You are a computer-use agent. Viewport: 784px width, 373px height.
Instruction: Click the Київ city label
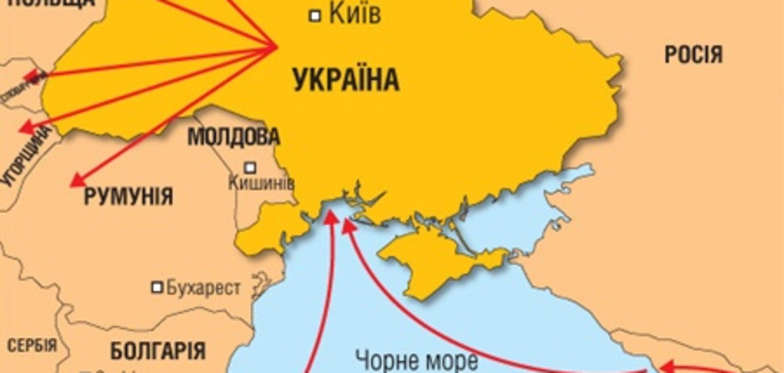click(355, 15)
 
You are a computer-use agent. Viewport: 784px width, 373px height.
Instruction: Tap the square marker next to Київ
click(315, 16)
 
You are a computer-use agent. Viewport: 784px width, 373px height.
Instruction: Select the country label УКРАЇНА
click(346, 80)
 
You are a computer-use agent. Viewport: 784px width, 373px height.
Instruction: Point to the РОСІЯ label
click(693, 54)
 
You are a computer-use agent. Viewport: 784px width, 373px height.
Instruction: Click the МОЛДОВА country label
click(234, 137)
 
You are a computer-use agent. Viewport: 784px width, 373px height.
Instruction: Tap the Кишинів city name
click(261, 184)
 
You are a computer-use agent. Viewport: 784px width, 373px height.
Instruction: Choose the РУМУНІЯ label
click(128, 197)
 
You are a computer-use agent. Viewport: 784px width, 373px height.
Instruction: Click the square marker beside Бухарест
click(157, 288)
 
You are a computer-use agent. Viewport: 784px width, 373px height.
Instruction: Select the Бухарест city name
click(203, 288)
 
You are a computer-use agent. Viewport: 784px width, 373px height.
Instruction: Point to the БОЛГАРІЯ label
click(158, 350)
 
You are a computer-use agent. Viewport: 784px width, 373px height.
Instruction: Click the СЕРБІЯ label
click(32, 346)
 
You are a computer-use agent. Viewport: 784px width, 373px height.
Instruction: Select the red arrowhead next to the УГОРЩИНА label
click(25, 127)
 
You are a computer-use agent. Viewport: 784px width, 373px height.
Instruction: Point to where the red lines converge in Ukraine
click(277, 46)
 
